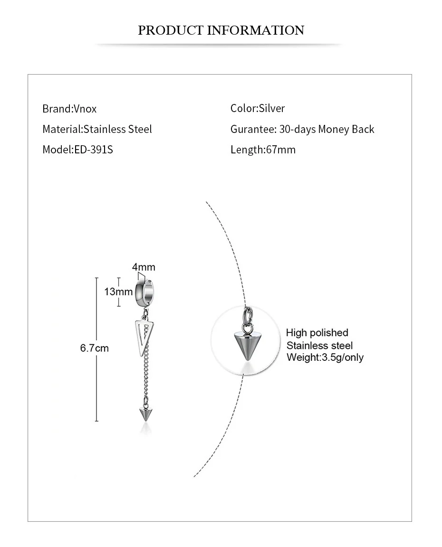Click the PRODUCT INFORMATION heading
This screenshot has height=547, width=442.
tap(221, 30)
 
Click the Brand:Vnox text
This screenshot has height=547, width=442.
tap(69, 109)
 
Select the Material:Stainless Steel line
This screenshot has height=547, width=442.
tap(97, 129)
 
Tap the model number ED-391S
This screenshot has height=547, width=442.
tap(93, 150)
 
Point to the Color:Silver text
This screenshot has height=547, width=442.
tap(258, 108)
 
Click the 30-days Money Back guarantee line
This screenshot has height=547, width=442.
tap(302, 129)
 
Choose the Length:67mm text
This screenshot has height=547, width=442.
tap(263, 150)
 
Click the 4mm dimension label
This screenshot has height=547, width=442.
tap(144, 267)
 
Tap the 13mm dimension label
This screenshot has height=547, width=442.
tap(118, 291)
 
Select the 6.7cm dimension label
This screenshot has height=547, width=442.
tap(94, 348)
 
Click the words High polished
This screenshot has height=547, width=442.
tap(317, 332)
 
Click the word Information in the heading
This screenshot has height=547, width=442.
tap(256, 30)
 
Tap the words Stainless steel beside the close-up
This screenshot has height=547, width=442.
tap(319, 345)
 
